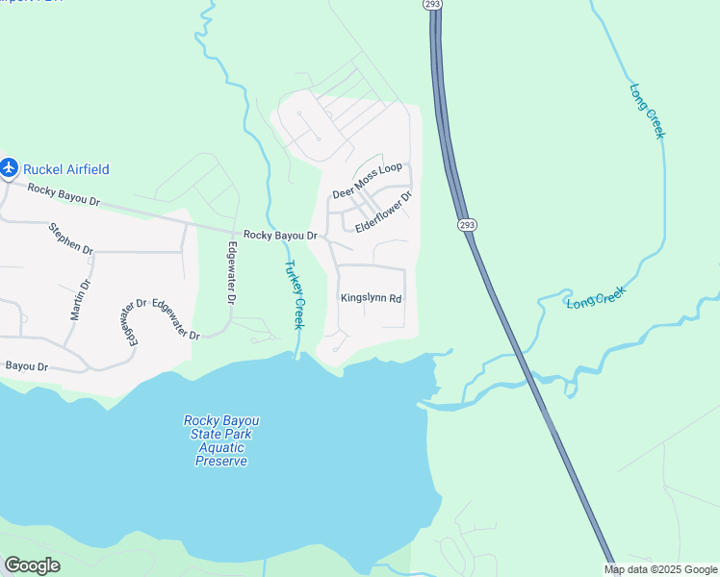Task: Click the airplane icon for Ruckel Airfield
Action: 10,168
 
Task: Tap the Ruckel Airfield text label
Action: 65,169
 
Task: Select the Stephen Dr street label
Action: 71,238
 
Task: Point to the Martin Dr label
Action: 79,299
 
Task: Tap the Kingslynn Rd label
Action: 371,298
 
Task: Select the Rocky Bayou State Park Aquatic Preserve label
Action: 222,440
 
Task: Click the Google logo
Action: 32,565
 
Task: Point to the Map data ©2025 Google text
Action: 660,569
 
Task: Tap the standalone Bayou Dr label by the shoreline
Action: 26,365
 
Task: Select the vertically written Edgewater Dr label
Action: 231,272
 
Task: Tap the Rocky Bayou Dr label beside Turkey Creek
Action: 280,235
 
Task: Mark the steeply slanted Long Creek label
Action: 647,111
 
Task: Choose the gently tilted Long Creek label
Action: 596,297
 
